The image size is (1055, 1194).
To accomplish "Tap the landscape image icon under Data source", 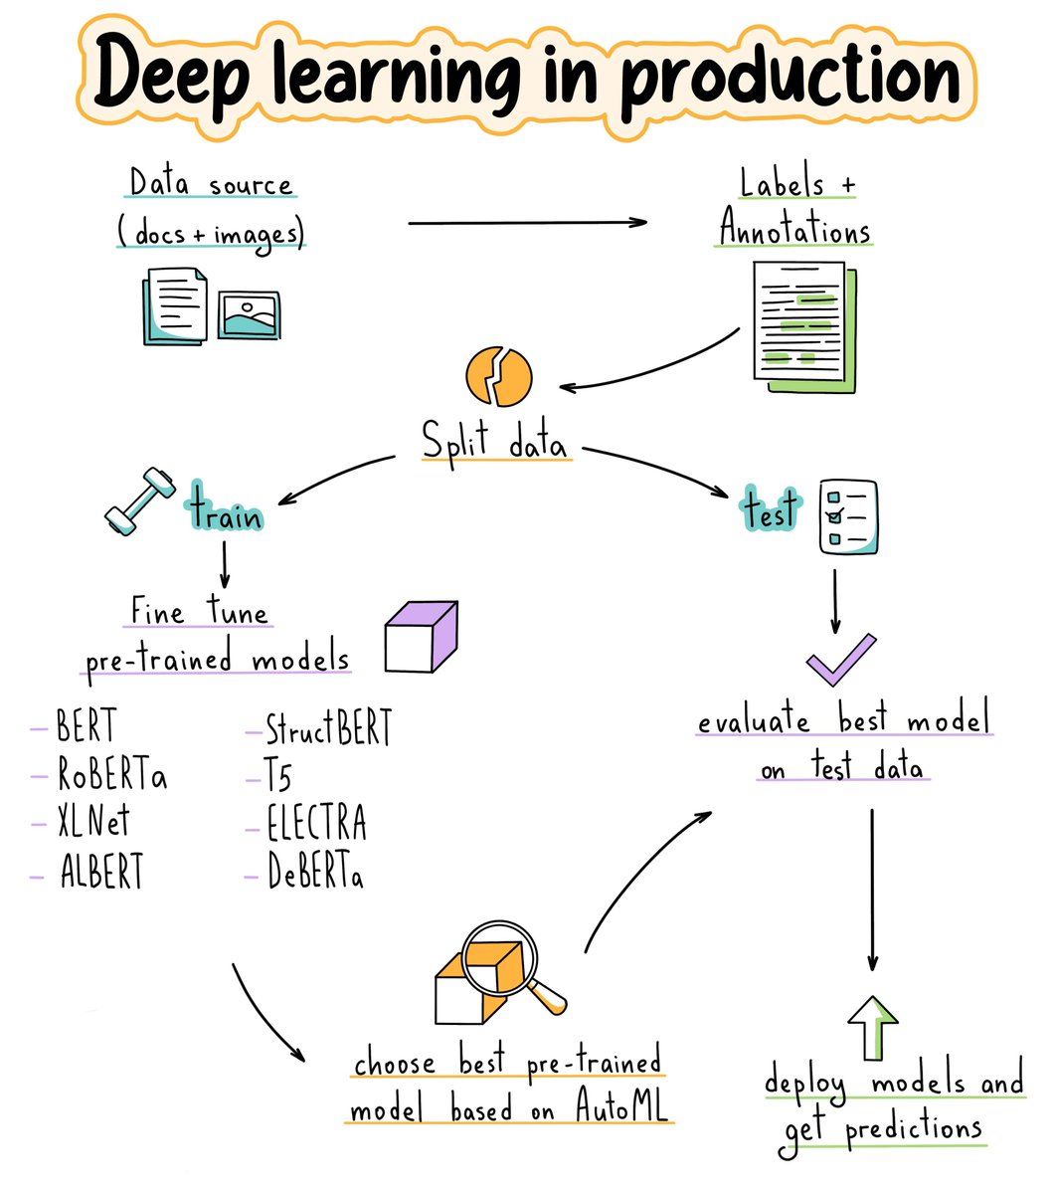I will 249,315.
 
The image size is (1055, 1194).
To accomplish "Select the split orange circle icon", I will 499,377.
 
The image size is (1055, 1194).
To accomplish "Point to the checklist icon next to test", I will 847,515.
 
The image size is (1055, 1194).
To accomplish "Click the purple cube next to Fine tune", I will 422,637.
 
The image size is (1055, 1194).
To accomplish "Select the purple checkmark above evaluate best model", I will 840,660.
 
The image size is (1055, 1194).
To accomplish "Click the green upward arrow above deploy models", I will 873,1026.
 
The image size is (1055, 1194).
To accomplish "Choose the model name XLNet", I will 92,823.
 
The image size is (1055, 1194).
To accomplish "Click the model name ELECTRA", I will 316,824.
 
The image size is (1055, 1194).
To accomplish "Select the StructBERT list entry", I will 328,729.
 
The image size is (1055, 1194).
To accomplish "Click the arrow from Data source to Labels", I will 527,223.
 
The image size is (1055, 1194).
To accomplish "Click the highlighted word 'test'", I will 772,509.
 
